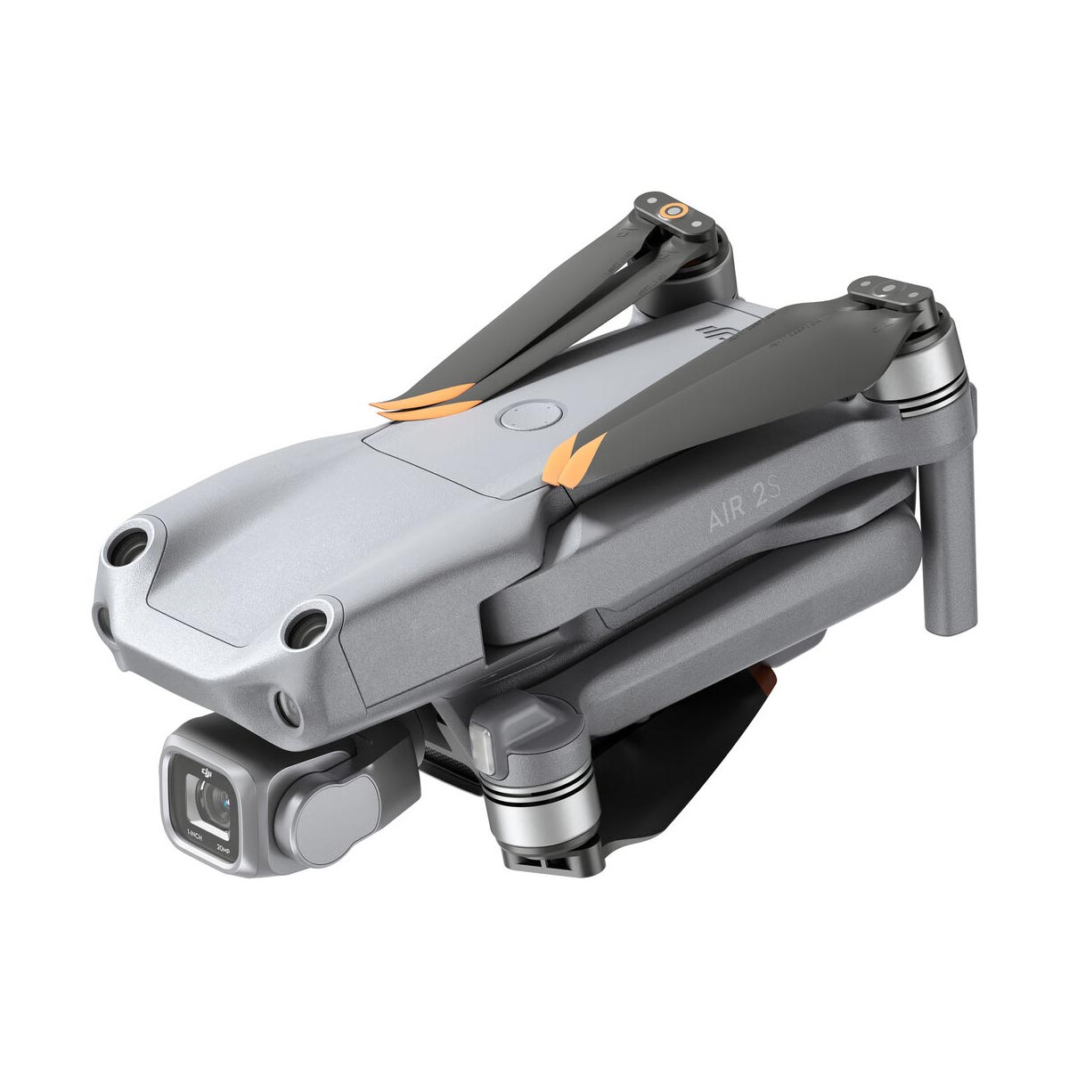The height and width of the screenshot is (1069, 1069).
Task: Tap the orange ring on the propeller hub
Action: coord(674,211)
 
